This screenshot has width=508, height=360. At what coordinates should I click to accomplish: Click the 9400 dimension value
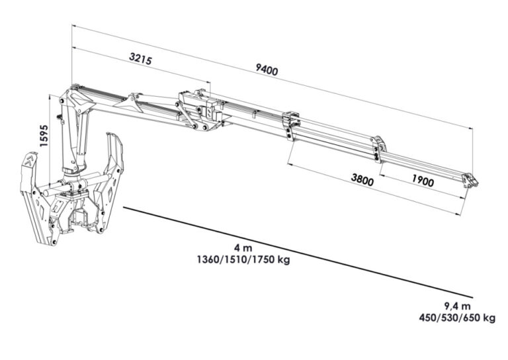[x=267, y=69]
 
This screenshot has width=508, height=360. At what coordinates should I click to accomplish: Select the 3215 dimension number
[x=140, y=59]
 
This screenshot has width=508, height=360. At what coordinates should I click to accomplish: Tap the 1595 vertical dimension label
[x=44, y=136]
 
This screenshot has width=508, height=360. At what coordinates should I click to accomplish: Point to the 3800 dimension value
[x=362, y=180]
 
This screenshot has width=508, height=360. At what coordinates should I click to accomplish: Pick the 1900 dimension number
[x=423, y=180]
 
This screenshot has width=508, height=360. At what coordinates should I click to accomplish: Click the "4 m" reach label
[x=243, y=248]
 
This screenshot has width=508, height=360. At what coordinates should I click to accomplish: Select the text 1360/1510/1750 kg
[x=243, y=260]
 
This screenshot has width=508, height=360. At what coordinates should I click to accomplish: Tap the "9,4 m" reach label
[x=457, y=306]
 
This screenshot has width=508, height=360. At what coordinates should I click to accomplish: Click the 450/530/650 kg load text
[x=457, y=318]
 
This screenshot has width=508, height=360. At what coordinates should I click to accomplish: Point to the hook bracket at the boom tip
[x=470, y=181]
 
